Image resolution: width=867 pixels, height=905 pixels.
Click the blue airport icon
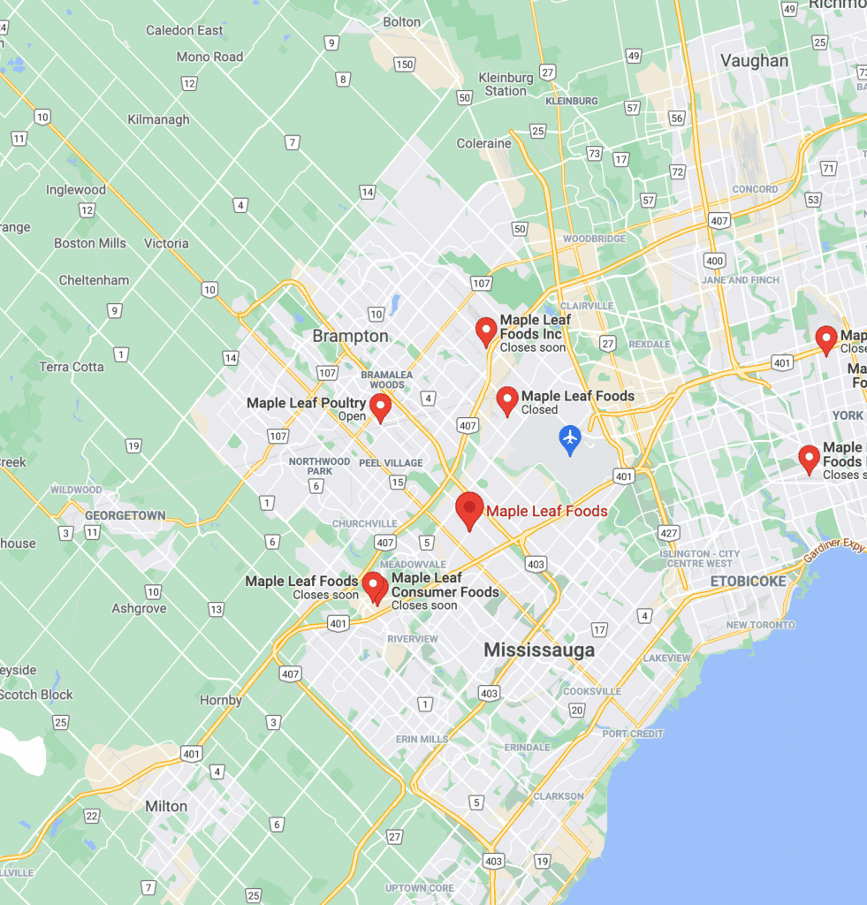point(570,437)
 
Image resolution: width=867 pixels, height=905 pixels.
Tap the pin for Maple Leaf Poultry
point(380,407)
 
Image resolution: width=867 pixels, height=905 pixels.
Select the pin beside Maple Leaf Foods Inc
point(485,331)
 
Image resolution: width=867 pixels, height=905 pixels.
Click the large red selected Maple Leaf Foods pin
point(469,510)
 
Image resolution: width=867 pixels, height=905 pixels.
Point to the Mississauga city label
point(539,650)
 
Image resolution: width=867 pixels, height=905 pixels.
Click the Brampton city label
point(350,336)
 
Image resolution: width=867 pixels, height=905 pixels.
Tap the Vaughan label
point(754,61)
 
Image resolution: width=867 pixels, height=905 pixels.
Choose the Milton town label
point(166,806)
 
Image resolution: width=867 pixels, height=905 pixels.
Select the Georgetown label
point(125,515)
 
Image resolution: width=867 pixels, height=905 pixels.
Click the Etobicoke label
point(748,582)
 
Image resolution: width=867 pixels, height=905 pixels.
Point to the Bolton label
point(402,21)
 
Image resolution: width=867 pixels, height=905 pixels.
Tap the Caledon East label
point(184,30)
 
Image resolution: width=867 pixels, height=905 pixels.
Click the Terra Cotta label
point(72,367)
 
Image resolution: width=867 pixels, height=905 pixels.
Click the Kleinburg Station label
point(506,84)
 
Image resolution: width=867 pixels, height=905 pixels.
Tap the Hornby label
point(220,700)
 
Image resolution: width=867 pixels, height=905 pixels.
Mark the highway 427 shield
point(668,533)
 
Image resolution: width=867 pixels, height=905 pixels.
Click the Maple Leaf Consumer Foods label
point(445,585)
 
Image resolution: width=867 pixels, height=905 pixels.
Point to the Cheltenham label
point(94,280)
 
